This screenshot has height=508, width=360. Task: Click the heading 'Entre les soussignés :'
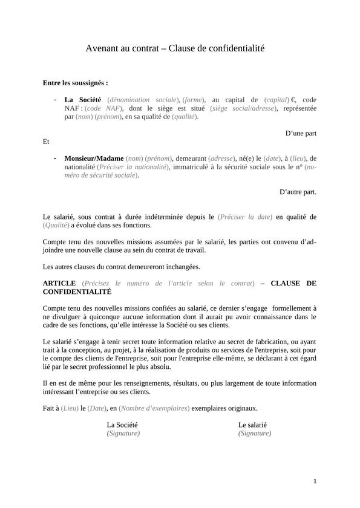click(x=75, y=82)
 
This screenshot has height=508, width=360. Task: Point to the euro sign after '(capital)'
click(x=293, y=99)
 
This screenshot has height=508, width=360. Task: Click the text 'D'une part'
click(x=301, y=133)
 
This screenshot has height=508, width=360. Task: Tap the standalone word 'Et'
click(x=46, y=142)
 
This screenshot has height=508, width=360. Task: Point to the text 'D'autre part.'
click(x=298, y=192)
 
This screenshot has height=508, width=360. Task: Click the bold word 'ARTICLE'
click(x=59, y=283)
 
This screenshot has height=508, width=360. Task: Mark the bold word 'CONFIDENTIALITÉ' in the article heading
click(x=77, y=291)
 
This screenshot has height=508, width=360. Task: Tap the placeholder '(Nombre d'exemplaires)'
click(x=154, y=408)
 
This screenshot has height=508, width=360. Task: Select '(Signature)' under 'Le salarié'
click(x=255, y=433)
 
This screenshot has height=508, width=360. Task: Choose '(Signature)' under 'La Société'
click(x=123, y=433)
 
